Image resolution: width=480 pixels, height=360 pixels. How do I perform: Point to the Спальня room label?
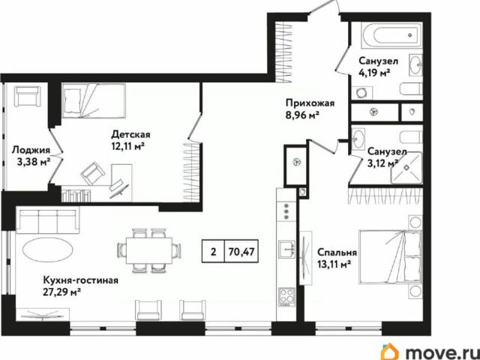point(337,253)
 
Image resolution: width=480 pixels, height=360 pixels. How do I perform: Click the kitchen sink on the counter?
point(286,247)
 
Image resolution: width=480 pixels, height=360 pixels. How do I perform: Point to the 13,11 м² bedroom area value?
point(335,265)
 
